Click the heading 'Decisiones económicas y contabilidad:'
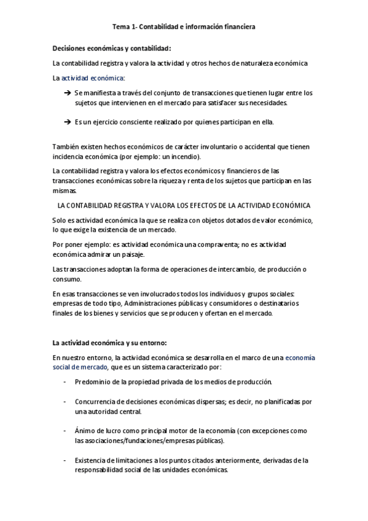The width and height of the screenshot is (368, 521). click(112, 48)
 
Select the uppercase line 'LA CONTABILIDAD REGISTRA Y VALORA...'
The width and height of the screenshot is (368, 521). click(183, 205)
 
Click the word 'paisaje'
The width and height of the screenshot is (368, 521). click(132, 254)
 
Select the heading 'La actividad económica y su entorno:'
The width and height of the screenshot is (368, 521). click(109, 342)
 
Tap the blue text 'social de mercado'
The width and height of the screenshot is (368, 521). click(79, 367)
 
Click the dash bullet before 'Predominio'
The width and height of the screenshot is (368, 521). click(65, 382)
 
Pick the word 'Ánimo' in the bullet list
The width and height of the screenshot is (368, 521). click(84, 431)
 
